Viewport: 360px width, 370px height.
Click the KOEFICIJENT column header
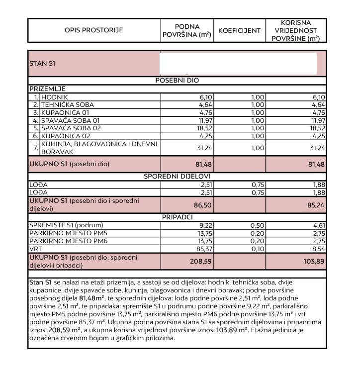point(239,30)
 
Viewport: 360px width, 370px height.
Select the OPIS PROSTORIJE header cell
point(93,30)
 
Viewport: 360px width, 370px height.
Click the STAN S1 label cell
point(42,64)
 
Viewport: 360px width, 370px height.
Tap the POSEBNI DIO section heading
point(178,80)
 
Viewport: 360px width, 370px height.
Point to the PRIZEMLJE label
point(47,89)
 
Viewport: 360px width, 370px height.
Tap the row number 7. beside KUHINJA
point(35,148)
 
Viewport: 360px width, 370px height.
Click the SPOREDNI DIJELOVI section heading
point(178,177)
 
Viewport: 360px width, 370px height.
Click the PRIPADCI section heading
point(178,217)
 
